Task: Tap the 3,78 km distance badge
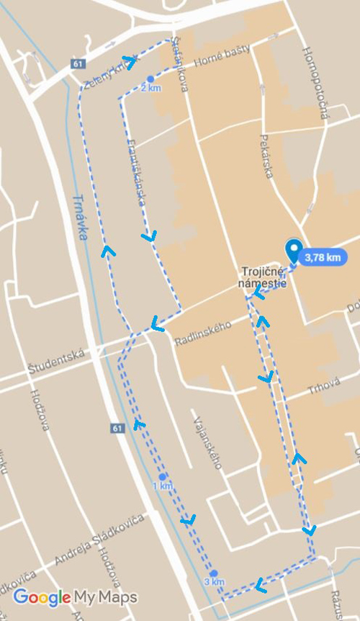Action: pos(322,257)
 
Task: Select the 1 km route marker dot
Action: pos(162,477)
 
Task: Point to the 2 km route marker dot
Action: pos(150,79)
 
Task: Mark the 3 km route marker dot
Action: pos(214,573)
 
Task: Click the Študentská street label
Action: pos(57,361)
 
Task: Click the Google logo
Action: pos(42,597)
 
